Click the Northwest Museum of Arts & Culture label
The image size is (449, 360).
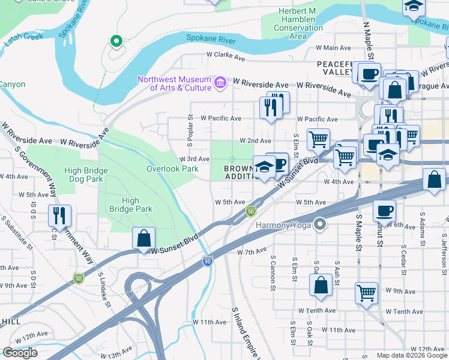pyautogui.click(x=174, y=83)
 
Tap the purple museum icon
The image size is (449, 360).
pyautogui.click(x=220, y=82)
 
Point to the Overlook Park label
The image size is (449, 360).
pyautogui.click(x=172, y=169)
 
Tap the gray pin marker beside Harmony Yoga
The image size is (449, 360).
pyautogui.click(x=321, y=225)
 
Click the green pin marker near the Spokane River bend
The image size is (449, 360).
pyautogui.click(x=116, y=41)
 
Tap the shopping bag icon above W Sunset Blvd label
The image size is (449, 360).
pyautogui.click(x=144, y=238)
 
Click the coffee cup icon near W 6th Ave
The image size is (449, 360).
pyautogui.click(x=384, y=211)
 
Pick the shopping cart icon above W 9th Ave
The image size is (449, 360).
pyautogui.click(x=366, y=293)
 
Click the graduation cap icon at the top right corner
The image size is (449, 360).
pyautogui.click(x=414, y=6)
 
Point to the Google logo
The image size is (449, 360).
pyautogui.click(x=20, y=353)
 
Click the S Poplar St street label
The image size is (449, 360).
pyautogui.click(x=190, y=127)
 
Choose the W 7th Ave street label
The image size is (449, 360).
pyautogui.click(x=252, y=251)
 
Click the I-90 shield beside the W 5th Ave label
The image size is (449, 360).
pyautogui.click(x=251, y=211)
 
